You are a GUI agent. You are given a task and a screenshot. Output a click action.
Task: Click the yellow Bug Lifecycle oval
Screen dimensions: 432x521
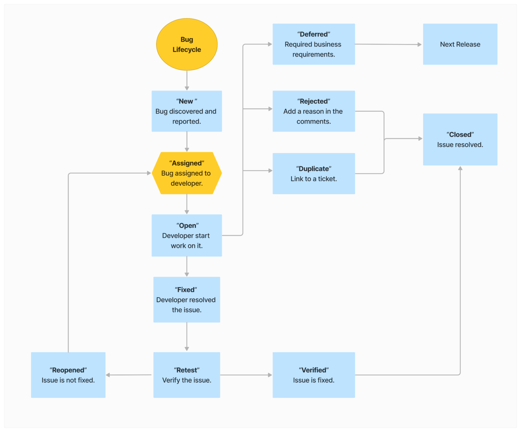click(x=187, y=44)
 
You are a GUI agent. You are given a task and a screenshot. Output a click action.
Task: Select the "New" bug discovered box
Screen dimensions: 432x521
click(x=187, y=111)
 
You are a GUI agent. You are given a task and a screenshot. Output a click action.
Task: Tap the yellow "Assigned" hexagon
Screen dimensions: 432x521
click(x=187, y=173)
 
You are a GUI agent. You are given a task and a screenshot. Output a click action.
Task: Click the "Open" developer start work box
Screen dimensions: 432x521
click(x=187, y=235)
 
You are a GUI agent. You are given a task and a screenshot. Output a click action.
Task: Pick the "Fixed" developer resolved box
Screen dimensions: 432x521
click(x=187, y=300)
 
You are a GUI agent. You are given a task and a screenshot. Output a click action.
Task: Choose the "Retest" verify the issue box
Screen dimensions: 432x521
click(x=187, y=375)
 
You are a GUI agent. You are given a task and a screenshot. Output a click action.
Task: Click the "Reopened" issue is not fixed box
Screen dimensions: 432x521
click(x=68, y=375)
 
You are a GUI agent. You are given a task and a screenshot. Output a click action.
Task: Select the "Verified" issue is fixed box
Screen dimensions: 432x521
click(x=314, y=375)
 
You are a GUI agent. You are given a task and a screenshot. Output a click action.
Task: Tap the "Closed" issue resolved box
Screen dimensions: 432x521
click(x=460, y=139)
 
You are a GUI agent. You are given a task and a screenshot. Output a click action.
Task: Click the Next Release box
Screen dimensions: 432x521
click(x=460, y=44)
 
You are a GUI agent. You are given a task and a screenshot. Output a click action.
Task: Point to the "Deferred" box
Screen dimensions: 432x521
click(x=314, y=44)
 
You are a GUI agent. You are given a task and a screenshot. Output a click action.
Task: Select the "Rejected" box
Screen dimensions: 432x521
click(x=314, y=111)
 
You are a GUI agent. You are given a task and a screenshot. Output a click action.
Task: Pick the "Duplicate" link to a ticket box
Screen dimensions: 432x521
click(x=314, y=173)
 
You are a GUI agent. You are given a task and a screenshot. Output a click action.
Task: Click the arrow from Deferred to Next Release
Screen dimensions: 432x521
click(x=388, y=44)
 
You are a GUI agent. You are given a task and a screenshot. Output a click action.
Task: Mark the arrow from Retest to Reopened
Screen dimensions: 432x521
click(x=129, y=375)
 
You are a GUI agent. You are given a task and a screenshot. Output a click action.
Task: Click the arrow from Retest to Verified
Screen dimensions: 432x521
click(x=246, y=375)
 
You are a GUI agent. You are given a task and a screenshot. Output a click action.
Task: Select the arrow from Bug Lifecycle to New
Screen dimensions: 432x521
click(x=187, y=80)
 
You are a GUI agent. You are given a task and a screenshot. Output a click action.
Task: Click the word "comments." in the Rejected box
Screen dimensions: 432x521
click(x=314, y=121)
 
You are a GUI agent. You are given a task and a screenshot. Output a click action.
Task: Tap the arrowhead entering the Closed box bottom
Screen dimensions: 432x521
click(x=460, y=168)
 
